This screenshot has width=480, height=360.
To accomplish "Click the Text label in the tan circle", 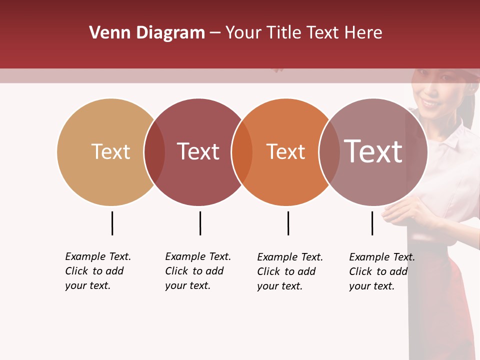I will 110,151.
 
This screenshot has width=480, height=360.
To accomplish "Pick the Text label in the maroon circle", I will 198,151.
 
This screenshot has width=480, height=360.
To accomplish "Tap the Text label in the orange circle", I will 285,151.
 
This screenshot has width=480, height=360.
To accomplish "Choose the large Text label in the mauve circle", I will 373,151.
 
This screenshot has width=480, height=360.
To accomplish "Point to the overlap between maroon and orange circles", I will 242,152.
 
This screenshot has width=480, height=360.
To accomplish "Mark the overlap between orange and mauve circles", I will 329,152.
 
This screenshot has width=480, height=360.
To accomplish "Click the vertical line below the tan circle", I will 112,223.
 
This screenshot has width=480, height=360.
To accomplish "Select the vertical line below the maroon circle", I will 200,223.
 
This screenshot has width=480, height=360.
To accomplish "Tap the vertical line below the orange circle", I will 288,223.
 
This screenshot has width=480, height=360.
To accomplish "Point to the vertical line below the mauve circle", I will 372,223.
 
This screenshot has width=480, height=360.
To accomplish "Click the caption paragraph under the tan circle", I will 97,271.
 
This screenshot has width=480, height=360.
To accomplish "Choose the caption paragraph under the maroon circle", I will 197,271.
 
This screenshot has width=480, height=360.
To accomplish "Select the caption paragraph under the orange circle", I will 289,271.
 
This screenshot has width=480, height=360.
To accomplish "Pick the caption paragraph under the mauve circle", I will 381,271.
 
